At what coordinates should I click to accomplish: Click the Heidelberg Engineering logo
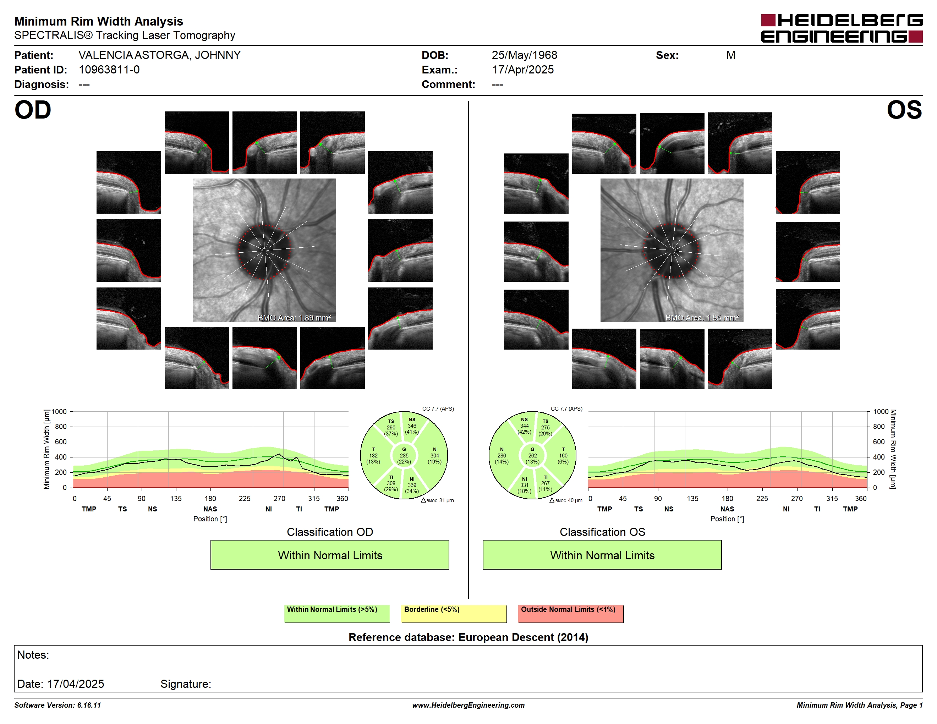point(842,29)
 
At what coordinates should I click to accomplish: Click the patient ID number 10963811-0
point(109,70)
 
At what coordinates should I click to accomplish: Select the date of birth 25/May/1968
point(524,55)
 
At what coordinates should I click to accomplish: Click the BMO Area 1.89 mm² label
point(294,318)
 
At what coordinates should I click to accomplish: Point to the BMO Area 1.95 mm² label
point(702,318)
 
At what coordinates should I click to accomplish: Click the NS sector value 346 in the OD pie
point(412,426)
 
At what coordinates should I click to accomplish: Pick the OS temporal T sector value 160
point(563,455)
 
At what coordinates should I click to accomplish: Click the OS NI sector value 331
point(524,485)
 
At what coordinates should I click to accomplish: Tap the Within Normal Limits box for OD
point(329,555)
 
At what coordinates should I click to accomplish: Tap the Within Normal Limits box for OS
point(602,555)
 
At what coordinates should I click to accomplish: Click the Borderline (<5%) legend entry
point(454,613)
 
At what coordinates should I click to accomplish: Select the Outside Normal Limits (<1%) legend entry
point(571,613)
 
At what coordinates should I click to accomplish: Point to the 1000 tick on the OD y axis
point(59,412)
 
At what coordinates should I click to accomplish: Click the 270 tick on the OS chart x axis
point(797,498)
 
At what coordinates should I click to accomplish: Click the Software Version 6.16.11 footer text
point(57,705)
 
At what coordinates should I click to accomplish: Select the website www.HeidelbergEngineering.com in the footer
point(468,705)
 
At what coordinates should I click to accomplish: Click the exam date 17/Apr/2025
point(522,70)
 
